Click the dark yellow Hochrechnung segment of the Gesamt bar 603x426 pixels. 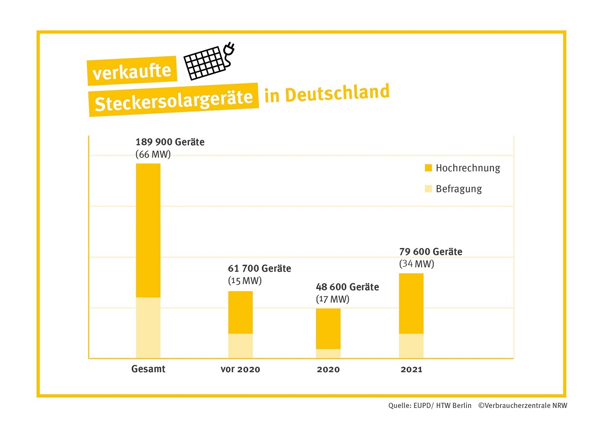point(148,230)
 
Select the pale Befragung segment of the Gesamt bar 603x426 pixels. point(148,328)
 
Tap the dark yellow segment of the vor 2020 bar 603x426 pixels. point(240,312)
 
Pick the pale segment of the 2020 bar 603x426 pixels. point(328,353)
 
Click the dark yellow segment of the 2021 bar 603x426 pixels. point(411,303)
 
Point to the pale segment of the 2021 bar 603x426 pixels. point(411,346)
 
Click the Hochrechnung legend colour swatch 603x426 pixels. point(428,168)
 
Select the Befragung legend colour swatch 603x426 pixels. point(428,189)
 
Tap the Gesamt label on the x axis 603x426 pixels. point(148,369)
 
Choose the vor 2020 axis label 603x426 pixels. point(240,370)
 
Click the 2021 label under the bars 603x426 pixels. point(411,370)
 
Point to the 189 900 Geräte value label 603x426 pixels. point(170,142)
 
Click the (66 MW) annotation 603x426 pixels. point(153,155)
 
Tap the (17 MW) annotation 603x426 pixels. point(332,299)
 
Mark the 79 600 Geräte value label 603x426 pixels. point(431,252)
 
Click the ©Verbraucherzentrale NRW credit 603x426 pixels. point(523,405)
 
